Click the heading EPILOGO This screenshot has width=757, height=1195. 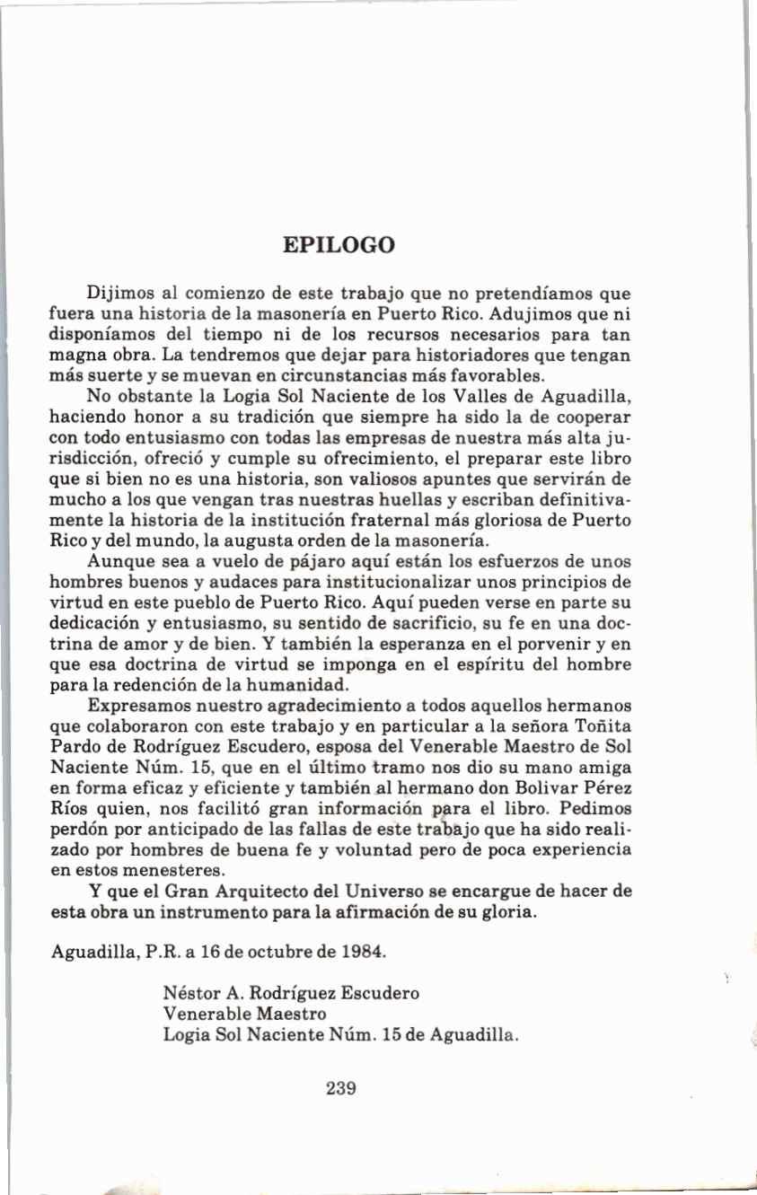click(x=339, y=245)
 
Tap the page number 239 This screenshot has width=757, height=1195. click(x=342, y=1088)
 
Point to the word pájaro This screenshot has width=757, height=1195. click(x=270, y=563)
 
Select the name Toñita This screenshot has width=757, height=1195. click(x=600, y=726)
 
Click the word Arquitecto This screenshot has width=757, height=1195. click(x=244, y=892)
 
